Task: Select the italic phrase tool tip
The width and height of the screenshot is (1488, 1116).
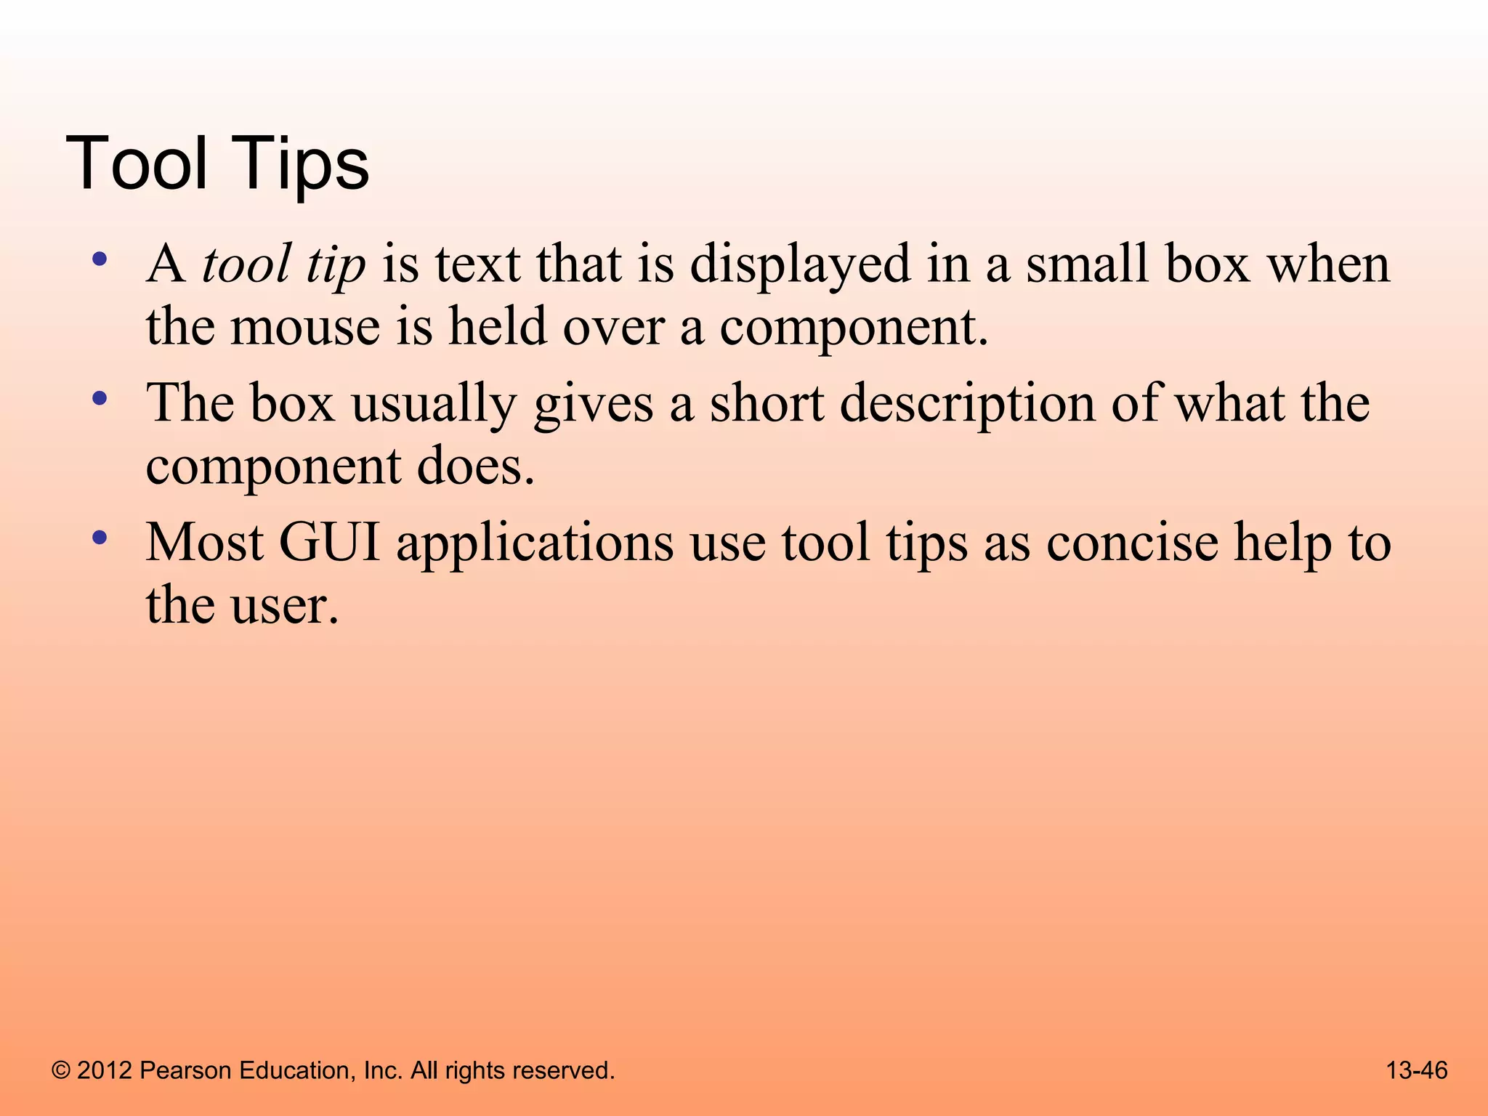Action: [283, 264]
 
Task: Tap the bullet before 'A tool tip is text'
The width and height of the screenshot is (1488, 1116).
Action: [100, 259]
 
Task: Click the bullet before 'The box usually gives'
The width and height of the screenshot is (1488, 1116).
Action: [100, 399]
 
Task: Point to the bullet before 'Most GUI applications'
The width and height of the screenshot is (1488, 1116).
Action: [100, 538]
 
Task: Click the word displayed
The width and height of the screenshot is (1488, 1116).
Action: [800, 264]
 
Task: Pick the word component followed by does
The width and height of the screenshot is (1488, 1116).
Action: [272, 467]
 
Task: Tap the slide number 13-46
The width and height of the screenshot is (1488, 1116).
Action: [1417, 1070]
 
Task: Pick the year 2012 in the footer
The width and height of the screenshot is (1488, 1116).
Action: [105, 1071]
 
